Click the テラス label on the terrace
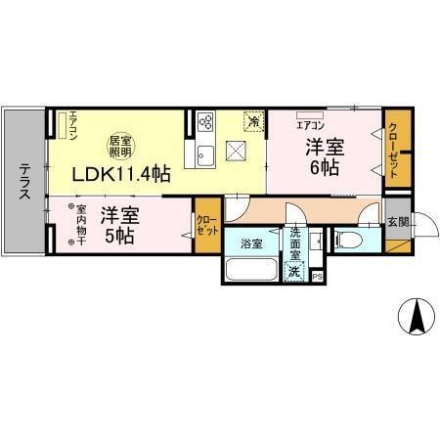click(22, 182)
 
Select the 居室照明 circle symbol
click(120, 146)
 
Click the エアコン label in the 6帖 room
click(310, 125)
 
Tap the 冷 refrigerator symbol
click(254, 123)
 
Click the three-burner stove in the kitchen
click(207, 122)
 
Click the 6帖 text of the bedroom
click(326, 168)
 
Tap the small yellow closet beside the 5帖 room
click(207, 226)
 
